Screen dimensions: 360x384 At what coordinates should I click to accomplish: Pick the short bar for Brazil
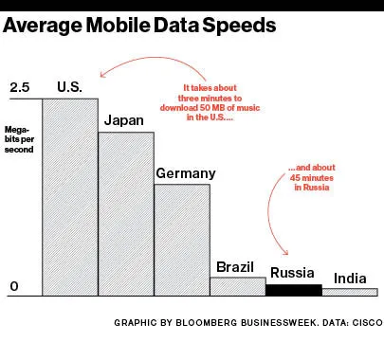pyautogui.click(x=237, y=286)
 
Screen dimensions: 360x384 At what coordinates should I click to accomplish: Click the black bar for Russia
pyautogui.click(x=293, y=290)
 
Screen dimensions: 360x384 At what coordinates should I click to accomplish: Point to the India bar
pyautogui.click(x=349, y=292)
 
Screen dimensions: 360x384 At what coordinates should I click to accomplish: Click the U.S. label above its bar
pyautogui.click(x=69, y=87)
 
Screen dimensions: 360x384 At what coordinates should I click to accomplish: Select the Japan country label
pyautogui.click(x=124, y=120)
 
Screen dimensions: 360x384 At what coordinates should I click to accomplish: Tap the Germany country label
pyautogui.click(x=185, y=172)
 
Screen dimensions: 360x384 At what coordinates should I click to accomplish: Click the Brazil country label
pyautogui.click(x=236, y=266)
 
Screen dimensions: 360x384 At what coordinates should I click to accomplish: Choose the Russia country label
pyautogui.click(x=292, y=274)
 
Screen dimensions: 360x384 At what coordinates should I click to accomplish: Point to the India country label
pyautogui.click(x=349, y=279)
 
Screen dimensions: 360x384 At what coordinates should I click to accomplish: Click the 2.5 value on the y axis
pyautogui.click(x=20, y=88)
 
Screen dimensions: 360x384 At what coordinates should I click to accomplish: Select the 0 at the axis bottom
pyautogui.click(x=13, y=286)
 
